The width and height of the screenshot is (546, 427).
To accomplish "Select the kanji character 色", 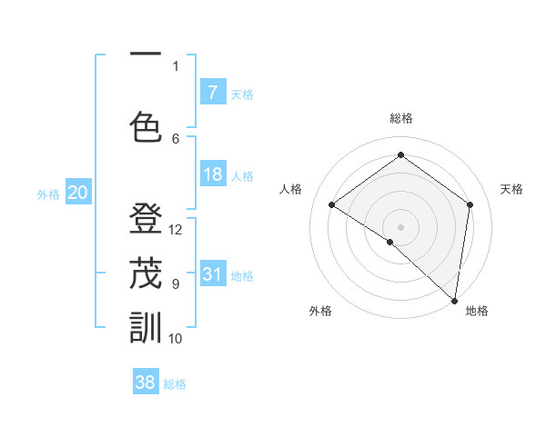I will (146, 127).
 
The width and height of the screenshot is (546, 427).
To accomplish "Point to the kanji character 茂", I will (146, 273).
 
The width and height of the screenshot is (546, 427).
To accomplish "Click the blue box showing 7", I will (213, 93).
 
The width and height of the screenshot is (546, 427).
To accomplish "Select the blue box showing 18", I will (213, 174).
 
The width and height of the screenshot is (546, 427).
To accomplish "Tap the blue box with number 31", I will (213, 274).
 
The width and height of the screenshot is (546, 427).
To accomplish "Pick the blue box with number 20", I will (77, 193).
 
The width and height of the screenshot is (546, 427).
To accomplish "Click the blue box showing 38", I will (146, 382).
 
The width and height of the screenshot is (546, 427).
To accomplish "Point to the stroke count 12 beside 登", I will (177, 230).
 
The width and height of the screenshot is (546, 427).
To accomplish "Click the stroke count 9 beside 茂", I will (176, 284).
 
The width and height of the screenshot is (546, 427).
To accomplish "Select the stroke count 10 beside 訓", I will (177, 339).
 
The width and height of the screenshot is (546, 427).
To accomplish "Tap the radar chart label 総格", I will (401, 118).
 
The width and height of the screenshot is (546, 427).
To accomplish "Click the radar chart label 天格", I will (511, 189).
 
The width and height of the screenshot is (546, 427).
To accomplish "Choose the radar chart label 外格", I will (320, 312).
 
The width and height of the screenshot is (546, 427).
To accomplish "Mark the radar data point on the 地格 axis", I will (454, 299).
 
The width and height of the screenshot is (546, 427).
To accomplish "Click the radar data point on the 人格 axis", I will (332, 204).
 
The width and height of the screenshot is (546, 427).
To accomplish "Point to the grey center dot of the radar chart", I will (400, 226).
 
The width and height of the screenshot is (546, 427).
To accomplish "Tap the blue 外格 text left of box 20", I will (48, 194).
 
